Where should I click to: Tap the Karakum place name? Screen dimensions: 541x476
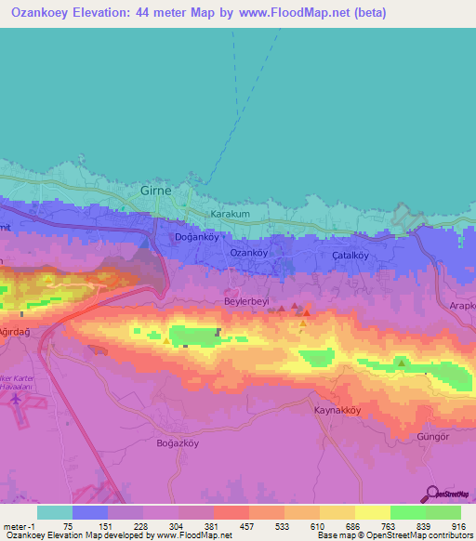pos(231,214)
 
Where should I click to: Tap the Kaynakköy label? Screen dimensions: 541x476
pos(336,410)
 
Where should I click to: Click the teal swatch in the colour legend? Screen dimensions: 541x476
pos(55,512)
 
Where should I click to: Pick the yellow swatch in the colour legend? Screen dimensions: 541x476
pos(372,512)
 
